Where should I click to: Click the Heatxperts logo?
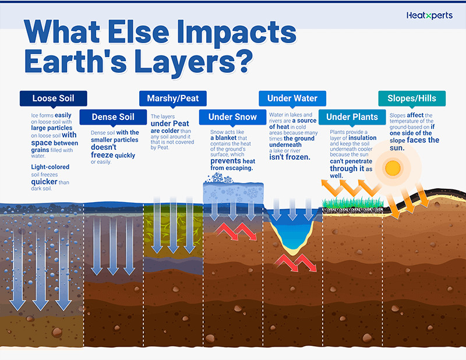click(x=429, y=16)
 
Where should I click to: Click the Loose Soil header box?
click(x=54, y=98)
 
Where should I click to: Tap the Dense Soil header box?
click(x=113, y=117)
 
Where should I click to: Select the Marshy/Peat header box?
click(x=173, y=98)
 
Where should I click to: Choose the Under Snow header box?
click(x=232, y=117)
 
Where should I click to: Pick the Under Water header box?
click(x=292, y=98)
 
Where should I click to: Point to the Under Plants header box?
click(x=352, y=117)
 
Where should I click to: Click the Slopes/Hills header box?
click(x=412, y=98)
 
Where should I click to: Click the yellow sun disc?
click(x=393, y=168)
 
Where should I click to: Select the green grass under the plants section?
click(x=353, y=203)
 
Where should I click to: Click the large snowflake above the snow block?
click(x=217, y=178)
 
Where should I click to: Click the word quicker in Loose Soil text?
click(x=44, y=182)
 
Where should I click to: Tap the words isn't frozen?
click(x=290, y=157)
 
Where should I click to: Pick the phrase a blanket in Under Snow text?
click(x=224, y=138)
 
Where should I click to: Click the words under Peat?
click(x=170, y=123)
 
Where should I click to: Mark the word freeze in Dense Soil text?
click(x=102, y=155)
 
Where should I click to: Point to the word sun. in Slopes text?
click(x=397, y=148)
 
